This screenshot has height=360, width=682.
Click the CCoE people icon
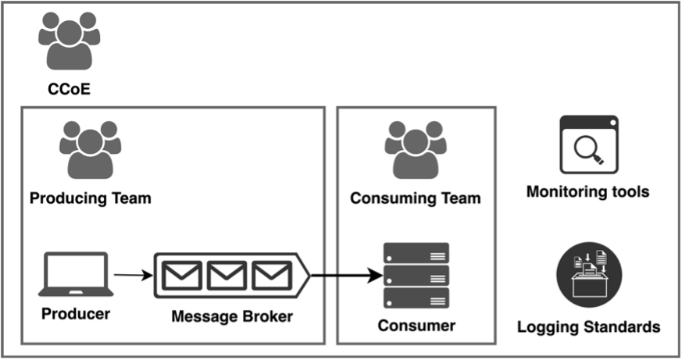(70, 44)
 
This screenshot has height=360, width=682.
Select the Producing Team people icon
(91, 150)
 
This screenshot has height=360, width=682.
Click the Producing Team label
(90, 198)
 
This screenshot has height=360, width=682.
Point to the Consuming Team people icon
(416, 151)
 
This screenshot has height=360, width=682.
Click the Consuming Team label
(415, 198)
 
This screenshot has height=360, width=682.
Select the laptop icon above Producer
(76, 274)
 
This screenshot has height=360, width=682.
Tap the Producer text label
(75, 314)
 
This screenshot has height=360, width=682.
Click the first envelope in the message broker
(181, 275)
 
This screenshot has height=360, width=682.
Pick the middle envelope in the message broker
(227, 275)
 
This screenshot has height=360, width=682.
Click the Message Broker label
(232, 316)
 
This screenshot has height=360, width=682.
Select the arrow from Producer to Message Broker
(134, 275)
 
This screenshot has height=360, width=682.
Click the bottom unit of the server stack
(416, 298)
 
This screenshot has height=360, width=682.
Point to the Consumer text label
(416, 325)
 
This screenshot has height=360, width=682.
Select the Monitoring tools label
(587, 191)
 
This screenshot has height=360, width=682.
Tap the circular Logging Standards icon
(587, 274)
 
